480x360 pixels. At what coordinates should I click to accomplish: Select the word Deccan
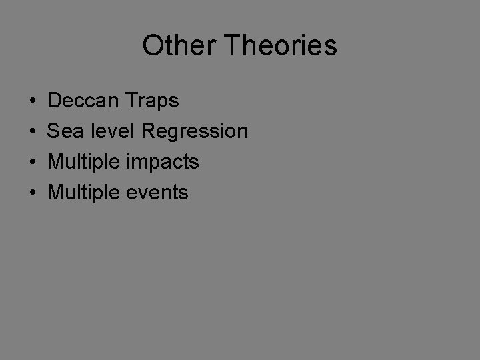(84, 101)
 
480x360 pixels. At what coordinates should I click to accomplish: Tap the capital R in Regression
(149, 131)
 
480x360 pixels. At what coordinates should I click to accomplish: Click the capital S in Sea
(54, 131)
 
